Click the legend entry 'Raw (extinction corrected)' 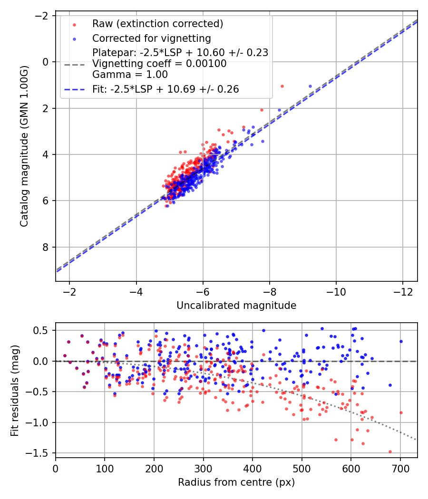(x=158, y=24)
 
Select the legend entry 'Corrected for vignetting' (x=152, y=38)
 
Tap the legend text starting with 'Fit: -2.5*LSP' (x=165, y=89)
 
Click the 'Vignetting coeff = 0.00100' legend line (x=159, y=64)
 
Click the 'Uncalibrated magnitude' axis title (x=236, y=306)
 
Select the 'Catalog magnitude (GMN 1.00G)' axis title (x=24, y=146)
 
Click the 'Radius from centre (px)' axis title (x=236, y=482)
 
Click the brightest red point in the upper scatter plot (x=282, y=86)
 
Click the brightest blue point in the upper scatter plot (x=311, y=86)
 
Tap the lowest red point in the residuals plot (x=390, y=452)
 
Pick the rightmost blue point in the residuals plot (x=401, y=341)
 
